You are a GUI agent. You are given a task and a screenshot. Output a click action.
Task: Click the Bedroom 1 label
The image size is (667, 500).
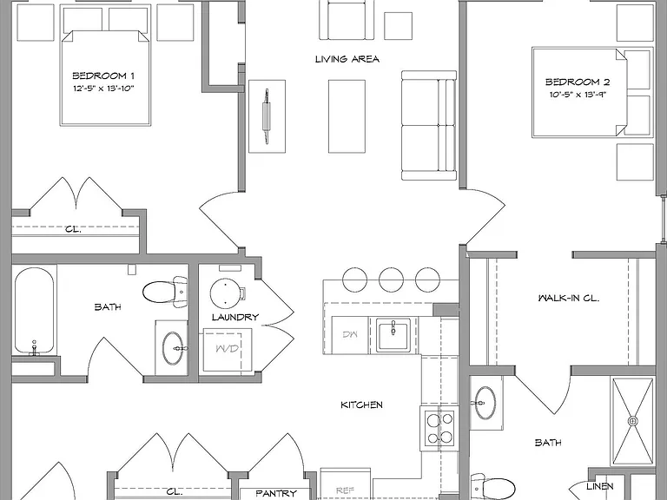click(x=103, y=76)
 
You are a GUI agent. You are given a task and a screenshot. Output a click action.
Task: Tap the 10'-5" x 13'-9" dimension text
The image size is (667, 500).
click(x=578, y=95)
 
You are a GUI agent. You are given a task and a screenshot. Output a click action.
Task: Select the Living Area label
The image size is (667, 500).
click(x=347, y=59)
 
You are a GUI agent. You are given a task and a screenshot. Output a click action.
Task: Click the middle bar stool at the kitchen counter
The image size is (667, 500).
click(x=391, y=280)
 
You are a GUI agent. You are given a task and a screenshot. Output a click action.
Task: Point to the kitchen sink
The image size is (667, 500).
click(x=393, y=335)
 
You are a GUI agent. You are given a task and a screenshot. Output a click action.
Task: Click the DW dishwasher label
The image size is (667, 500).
click(x=350, y=334)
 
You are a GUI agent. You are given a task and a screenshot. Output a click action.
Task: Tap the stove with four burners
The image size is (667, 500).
click(x=439, y=428)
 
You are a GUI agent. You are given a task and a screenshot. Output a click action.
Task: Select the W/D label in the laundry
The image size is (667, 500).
click(x=228, y=349)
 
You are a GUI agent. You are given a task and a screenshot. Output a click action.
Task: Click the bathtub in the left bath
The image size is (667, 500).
click(x=35, y=312)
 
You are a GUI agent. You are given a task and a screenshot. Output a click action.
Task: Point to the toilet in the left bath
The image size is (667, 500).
click(x=165, y=292)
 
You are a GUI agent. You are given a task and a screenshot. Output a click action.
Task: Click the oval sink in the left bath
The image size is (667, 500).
click(x=173, y=348)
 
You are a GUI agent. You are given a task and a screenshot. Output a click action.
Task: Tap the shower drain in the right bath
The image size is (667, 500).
click(x=633, y=421)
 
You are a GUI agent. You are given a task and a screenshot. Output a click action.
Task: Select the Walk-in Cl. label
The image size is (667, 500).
click(x=569, y=298)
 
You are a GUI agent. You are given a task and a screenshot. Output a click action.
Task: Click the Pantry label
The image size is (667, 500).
click(x=276, y=493)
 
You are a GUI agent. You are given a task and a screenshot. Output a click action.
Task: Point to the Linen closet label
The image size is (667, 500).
click(x=600, y=486)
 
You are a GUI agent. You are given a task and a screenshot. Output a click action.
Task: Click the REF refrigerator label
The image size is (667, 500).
click(x=345, y=490)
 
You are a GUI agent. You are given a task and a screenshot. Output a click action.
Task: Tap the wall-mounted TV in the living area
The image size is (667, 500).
click(x=267, y=116)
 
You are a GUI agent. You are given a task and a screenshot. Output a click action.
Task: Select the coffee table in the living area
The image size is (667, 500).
click(x=347, y=116)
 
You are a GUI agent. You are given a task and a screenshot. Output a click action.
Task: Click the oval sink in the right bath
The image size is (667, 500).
click(x=485, y=403)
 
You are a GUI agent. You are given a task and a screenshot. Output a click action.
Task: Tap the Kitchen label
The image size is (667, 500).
click(x=361, y=405)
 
